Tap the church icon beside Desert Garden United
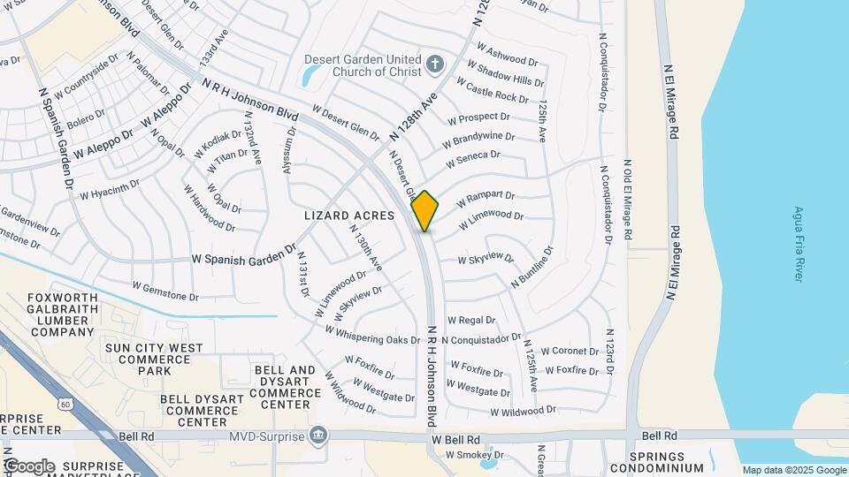(433, 64)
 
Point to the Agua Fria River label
(798, 244)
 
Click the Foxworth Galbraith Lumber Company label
(61, 314)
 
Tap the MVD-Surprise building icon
(317, 435)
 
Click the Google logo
(28, 466)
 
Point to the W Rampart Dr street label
(486, 201)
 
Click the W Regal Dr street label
(471, 320)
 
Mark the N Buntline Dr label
(532, 267)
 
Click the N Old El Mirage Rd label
(629, 201)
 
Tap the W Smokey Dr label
(473, 455)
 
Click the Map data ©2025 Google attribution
(793, 470)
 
